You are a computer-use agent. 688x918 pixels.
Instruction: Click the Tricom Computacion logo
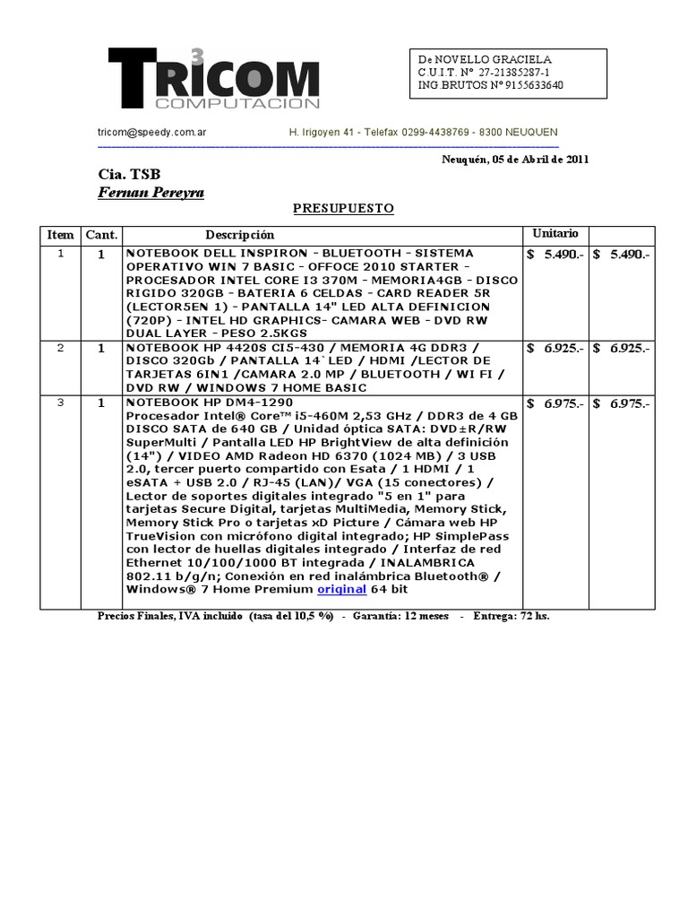[x=213, y=80]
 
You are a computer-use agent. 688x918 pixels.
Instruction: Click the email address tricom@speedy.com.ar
[x=152, y=132]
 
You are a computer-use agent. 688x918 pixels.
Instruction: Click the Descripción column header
[x=239, y=235]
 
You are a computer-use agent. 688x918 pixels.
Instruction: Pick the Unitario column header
[x=555, y=233]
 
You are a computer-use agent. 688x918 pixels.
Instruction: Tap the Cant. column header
[x=101, y=235]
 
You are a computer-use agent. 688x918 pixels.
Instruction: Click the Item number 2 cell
[x=61, y=348]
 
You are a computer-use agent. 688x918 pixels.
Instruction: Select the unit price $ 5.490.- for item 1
[x=555, y=255]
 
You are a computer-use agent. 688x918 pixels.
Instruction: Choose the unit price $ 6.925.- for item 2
[x=555, y=348]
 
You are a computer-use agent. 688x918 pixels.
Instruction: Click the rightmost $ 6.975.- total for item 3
[x=622, y=404]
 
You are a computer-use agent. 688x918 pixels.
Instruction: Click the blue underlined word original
[x=341, y=590]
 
